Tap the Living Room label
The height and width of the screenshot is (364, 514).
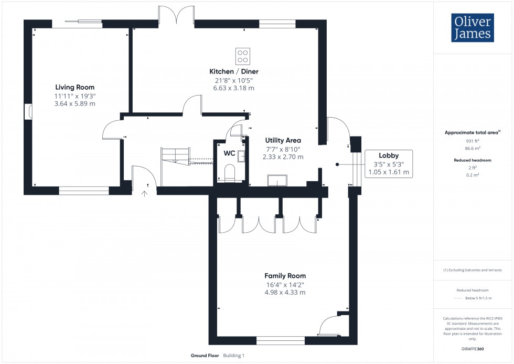75,87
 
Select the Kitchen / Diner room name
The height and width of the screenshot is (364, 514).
234,71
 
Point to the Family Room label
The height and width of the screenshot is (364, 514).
285,276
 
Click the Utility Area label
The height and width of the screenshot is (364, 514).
283,140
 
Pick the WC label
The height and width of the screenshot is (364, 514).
229,153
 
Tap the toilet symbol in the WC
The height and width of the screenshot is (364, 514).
229,173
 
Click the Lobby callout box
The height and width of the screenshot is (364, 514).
389,164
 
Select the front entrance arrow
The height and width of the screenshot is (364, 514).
144,194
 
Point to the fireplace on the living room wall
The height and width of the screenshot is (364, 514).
28,112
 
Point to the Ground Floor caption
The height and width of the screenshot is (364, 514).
205,356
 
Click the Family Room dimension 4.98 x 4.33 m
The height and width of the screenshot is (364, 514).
285,293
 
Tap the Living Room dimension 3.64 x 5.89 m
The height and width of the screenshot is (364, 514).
75,103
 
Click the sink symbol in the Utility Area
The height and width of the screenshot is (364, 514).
276,181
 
